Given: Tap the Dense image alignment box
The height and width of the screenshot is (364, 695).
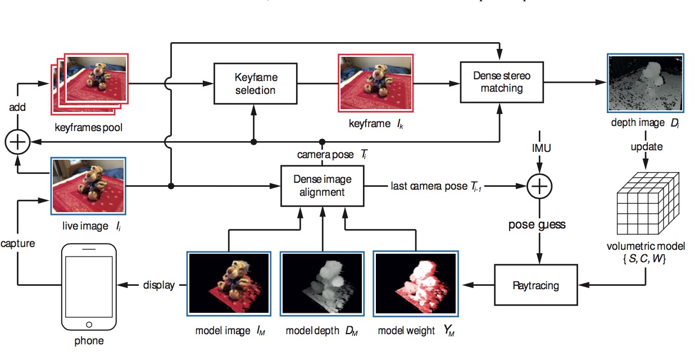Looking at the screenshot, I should click(322, 185).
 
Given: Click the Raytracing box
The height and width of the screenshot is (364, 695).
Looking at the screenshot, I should click(535, 285).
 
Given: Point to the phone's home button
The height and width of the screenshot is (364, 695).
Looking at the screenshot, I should click(88, 325).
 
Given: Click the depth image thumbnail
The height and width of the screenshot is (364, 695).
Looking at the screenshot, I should click(645, 83).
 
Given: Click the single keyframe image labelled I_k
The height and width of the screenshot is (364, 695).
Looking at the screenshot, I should click(376, 83).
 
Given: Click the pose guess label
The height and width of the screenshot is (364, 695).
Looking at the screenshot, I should click(537, 224).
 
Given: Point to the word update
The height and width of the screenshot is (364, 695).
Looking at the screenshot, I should click(646, 147).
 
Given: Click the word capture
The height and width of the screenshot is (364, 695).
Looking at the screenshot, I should click(17, 244).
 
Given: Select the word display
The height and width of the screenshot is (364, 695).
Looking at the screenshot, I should click(159, 285).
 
